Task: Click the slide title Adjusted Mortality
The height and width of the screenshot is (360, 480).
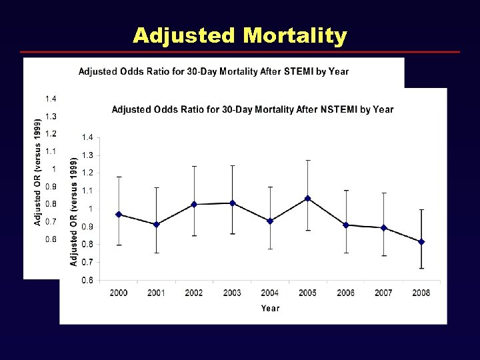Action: [x=239, y=35]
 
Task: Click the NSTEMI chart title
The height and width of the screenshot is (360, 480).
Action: [x=252, y=109]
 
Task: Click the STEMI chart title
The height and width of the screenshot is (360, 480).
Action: [x=213, y=71]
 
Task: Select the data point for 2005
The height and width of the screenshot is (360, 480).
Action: [x=307, y=198]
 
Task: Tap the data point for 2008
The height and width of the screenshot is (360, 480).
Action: [x=421, y=242]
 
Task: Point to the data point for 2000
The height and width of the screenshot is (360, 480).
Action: [x=119, y=214]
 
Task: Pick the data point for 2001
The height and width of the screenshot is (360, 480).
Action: [x=156, y=224]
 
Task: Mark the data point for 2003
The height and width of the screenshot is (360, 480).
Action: [x=232, y=203]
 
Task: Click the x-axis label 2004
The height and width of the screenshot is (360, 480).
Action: [x=269, y=293]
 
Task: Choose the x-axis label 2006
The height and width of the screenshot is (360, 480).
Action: [x=345, y=293]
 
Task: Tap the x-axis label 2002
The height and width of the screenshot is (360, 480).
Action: [x=194, y=293]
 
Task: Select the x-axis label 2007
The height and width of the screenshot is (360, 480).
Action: [x=383, y=293]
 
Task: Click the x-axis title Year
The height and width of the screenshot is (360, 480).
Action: [x=270, y=308]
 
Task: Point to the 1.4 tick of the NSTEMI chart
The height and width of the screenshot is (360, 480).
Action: [x=87, y=137]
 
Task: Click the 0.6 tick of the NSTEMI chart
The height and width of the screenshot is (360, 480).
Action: [x=87, y=281]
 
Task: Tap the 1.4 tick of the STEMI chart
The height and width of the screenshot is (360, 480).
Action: [x=51, y=99]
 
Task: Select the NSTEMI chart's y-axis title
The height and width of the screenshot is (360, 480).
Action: [x=73, y=212]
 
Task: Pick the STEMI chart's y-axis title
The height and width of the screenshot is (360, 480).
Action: [x=37, y=172]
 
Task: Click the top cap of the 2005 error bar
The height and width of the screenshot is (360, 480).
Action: [x=307, y=160]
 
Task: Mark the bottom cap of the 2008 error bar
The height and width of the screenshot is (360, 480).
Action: [x=421, y=268]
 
